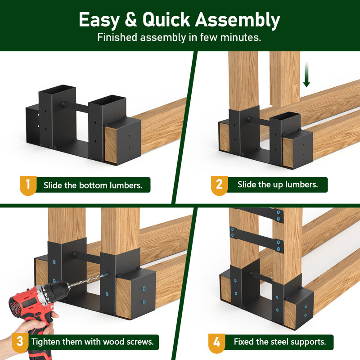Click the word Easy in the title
click(99, 20)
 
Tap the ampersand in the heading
click(131, 19)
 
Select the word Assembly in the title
click(238, 20)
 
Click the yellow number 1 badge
click(28, 185)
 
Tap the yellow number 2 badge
click(219, 185)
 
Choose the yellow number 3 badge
click(20, 342)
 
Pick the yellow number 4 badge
click(217, 342)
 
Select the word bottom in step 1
click(93, 185)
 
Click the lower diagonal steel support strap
click(256, 240)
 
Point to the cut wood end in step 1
click(111, 145)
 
